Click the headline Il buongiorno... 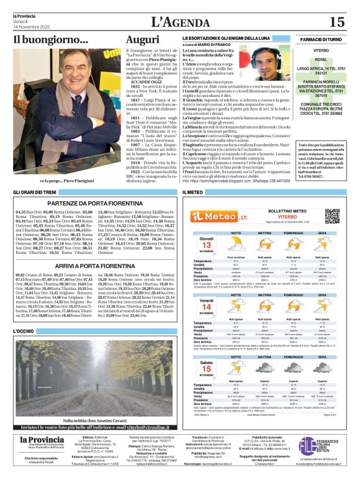pos(51,40)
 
